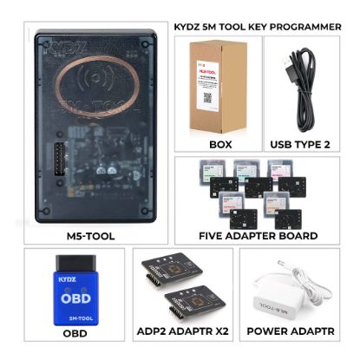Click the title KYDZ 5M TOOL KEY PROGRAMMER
click(x=258, y=27)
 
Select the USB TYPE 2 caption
click(x=300, y=144)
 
